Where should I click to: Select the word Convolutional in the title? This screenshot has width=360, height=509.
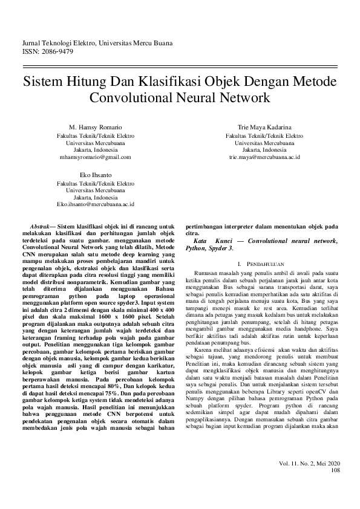click(x=125, y=97)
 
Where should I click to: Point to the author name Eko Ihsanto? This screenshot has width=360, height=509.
click(x=96, y=174)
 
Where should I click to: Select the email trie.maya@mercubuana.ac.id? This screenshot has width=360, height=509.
click(x=265, y=157)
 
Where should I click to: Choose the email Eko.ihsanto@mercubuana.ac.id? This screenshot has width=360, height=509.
click(x=96, y=205)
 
